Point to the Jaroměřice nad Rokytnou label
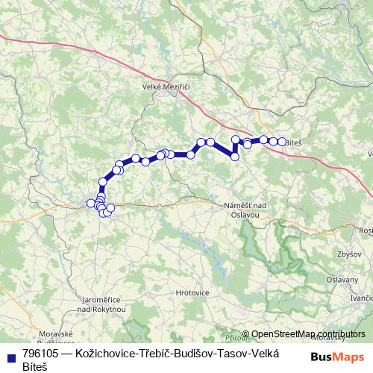click(x=102, y=304)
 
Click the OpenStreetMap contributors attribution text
click(x=308, y=334)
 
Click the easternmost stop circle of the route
click(x=282, y=142)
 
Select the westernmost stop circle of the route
click(x=91, y=203)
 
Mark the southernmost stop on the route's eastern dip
click(x=235, y=157)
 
